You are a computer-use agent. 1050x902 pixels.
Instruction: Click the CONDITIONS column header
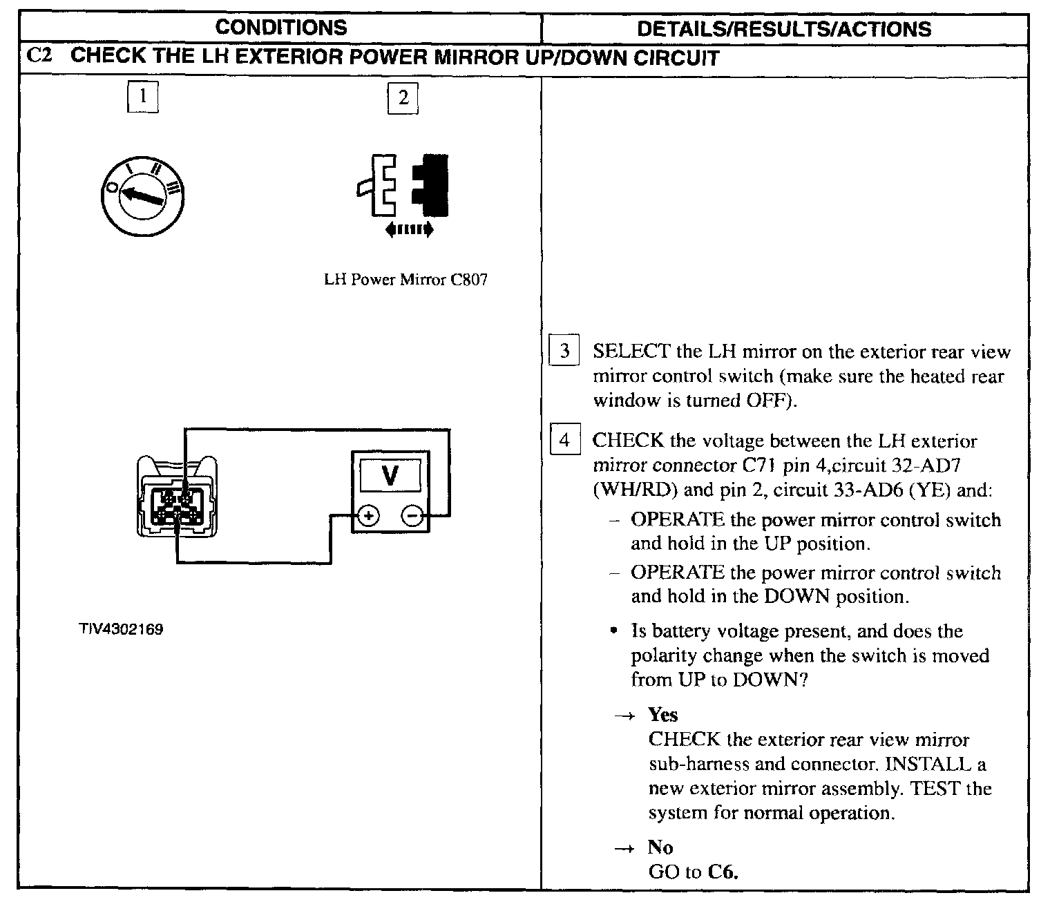[280, 28]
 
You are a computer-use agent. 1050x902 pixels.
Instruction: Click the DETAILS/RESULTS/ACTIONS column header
[783, 29]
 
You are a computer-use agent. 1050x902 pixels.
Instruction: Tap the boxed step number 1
[143, 97]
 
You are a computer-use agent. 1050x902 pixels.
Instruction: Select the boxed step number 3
[564, 352]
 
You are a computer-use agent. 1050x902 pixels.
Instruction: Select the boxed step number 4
[564, 440]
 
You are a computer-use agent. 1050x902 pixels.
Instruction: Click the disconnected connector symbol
[403, 185]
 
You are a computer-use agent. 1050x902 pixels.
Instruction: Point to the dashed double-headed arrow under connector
[409, 229]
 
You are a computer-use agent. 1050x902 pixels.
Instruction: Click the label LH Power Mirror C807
[405, 280]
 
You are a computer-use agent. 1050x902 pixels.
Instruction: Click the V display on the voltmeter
[390, 476]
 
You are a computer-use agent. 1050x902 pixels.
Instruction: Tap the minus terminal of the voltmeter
[412, 515]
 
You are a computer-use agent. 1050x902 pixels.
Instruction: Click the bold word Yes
[663, 715]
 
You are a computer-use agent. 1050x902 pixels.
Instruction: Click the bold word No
[660, 847]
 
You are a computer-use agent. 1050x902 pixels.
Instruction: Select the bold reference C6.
[723, 872]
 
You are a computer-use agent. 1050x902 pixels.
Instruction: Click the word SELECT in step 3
[631, 352]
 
